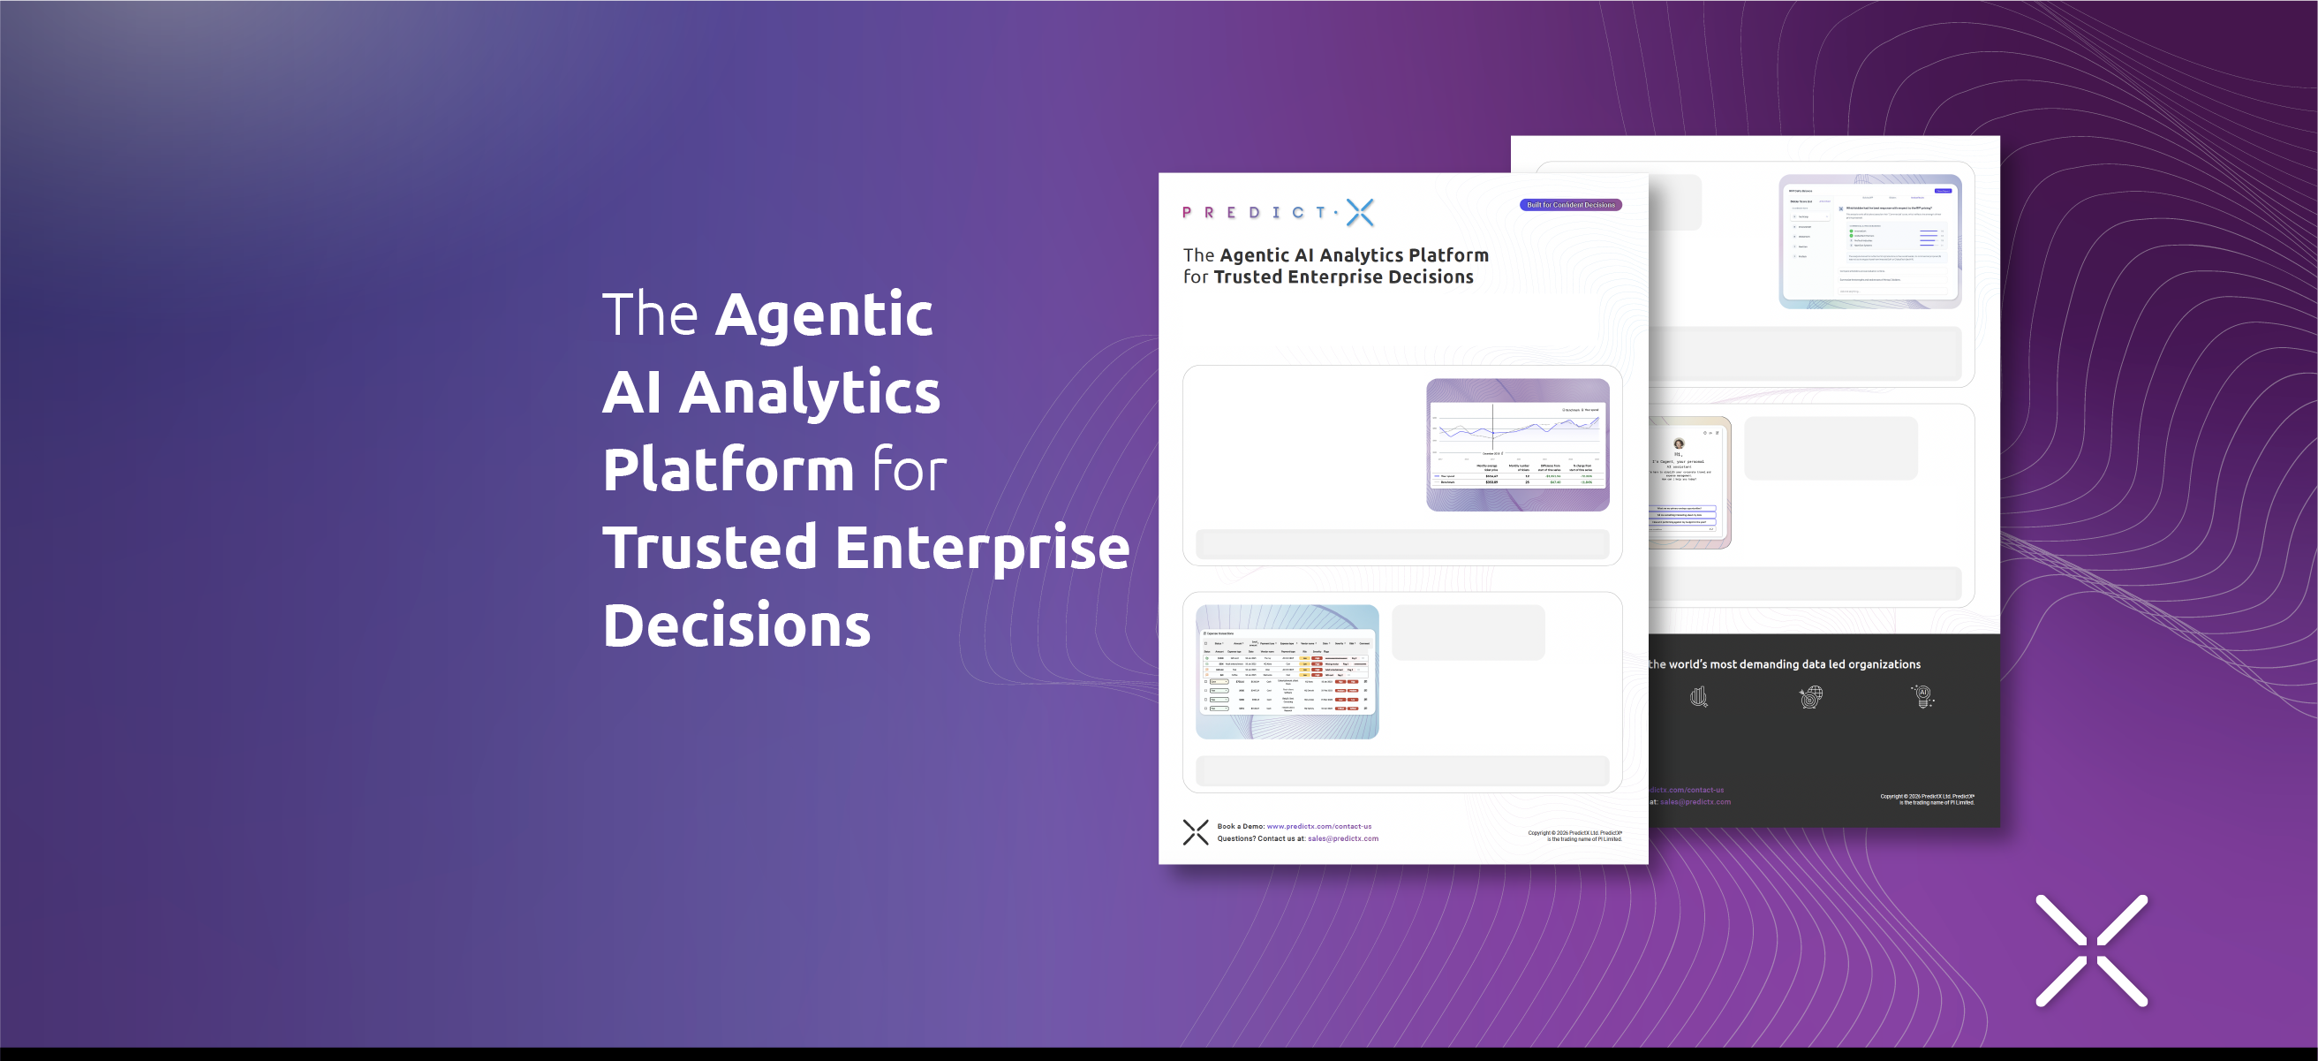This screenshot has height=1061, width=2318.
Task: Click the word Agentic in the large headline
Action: point(823,315)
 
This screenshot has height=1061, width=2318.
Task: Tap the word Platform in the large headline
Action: point(728,470)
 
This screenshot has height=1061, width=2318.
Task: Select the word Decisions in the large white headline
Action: point(736,625)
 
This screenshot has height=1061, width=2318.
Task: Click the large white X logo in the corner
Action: point(2091,951)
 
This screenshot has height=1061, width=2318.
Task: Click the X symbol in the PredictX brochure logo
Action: point(1360,212)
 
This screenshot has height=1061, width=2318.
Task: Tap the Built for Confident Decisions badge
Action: point(1570,205)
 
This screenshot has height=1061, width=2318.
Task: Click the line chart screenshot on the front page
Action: point(1517,444)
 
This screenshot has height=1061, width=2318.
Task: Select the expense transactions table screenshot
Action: point(1287,671)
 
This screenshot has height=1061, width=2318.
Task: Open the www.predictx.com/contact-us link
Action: point(1318,826)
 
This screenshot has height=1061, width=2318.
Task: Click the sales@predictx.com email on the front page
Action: point(1342,838)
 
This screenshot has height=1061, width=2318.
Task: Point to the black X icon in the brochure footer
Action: point(1196,832)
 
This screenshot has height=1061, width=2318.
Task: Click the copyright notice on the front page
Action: point(1574,836)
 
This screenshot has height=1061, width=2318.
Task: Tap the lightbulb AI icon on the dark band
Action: point(1922,696)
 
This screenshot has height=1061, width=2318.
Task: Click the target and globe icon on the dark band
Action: point(1810,696)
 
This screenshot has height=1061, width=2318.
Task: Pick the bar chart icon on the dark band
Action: point(1698,696)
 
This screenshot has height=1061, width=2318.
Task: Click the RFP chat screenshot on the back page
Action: point(1870,241)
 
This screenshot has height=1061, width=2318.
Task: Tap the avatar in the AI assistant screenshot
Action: point(1678,443)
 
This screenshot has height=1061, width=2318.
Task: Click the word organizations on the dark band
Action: point(1884,664)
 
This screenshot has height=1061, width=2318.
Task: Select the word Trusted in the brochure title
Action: point(1248,277)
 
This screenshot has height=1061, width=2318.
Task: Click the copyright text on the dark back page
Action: point(1927,800)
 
